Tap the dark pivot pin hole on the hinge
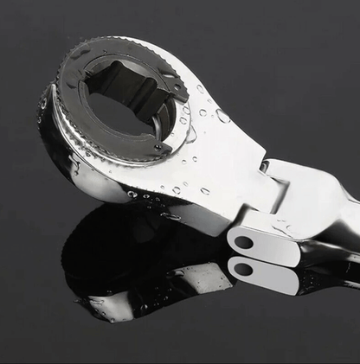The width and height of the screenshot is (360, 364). pyautogui.click(x=244, y=243)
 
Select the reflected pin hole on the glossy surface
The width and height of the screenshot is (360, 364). pyautogui.click(x=244, y=269)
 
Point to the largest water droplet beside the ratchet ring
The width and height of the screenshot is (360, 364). pyautogui.click(x=223, y=116)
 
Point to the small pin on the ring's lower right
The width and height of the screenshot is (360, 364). pyautogui.click(x=159, y=148)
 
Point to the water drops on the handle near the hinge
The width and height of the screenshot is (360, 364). pyautogui.click(x=281, y=227)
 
